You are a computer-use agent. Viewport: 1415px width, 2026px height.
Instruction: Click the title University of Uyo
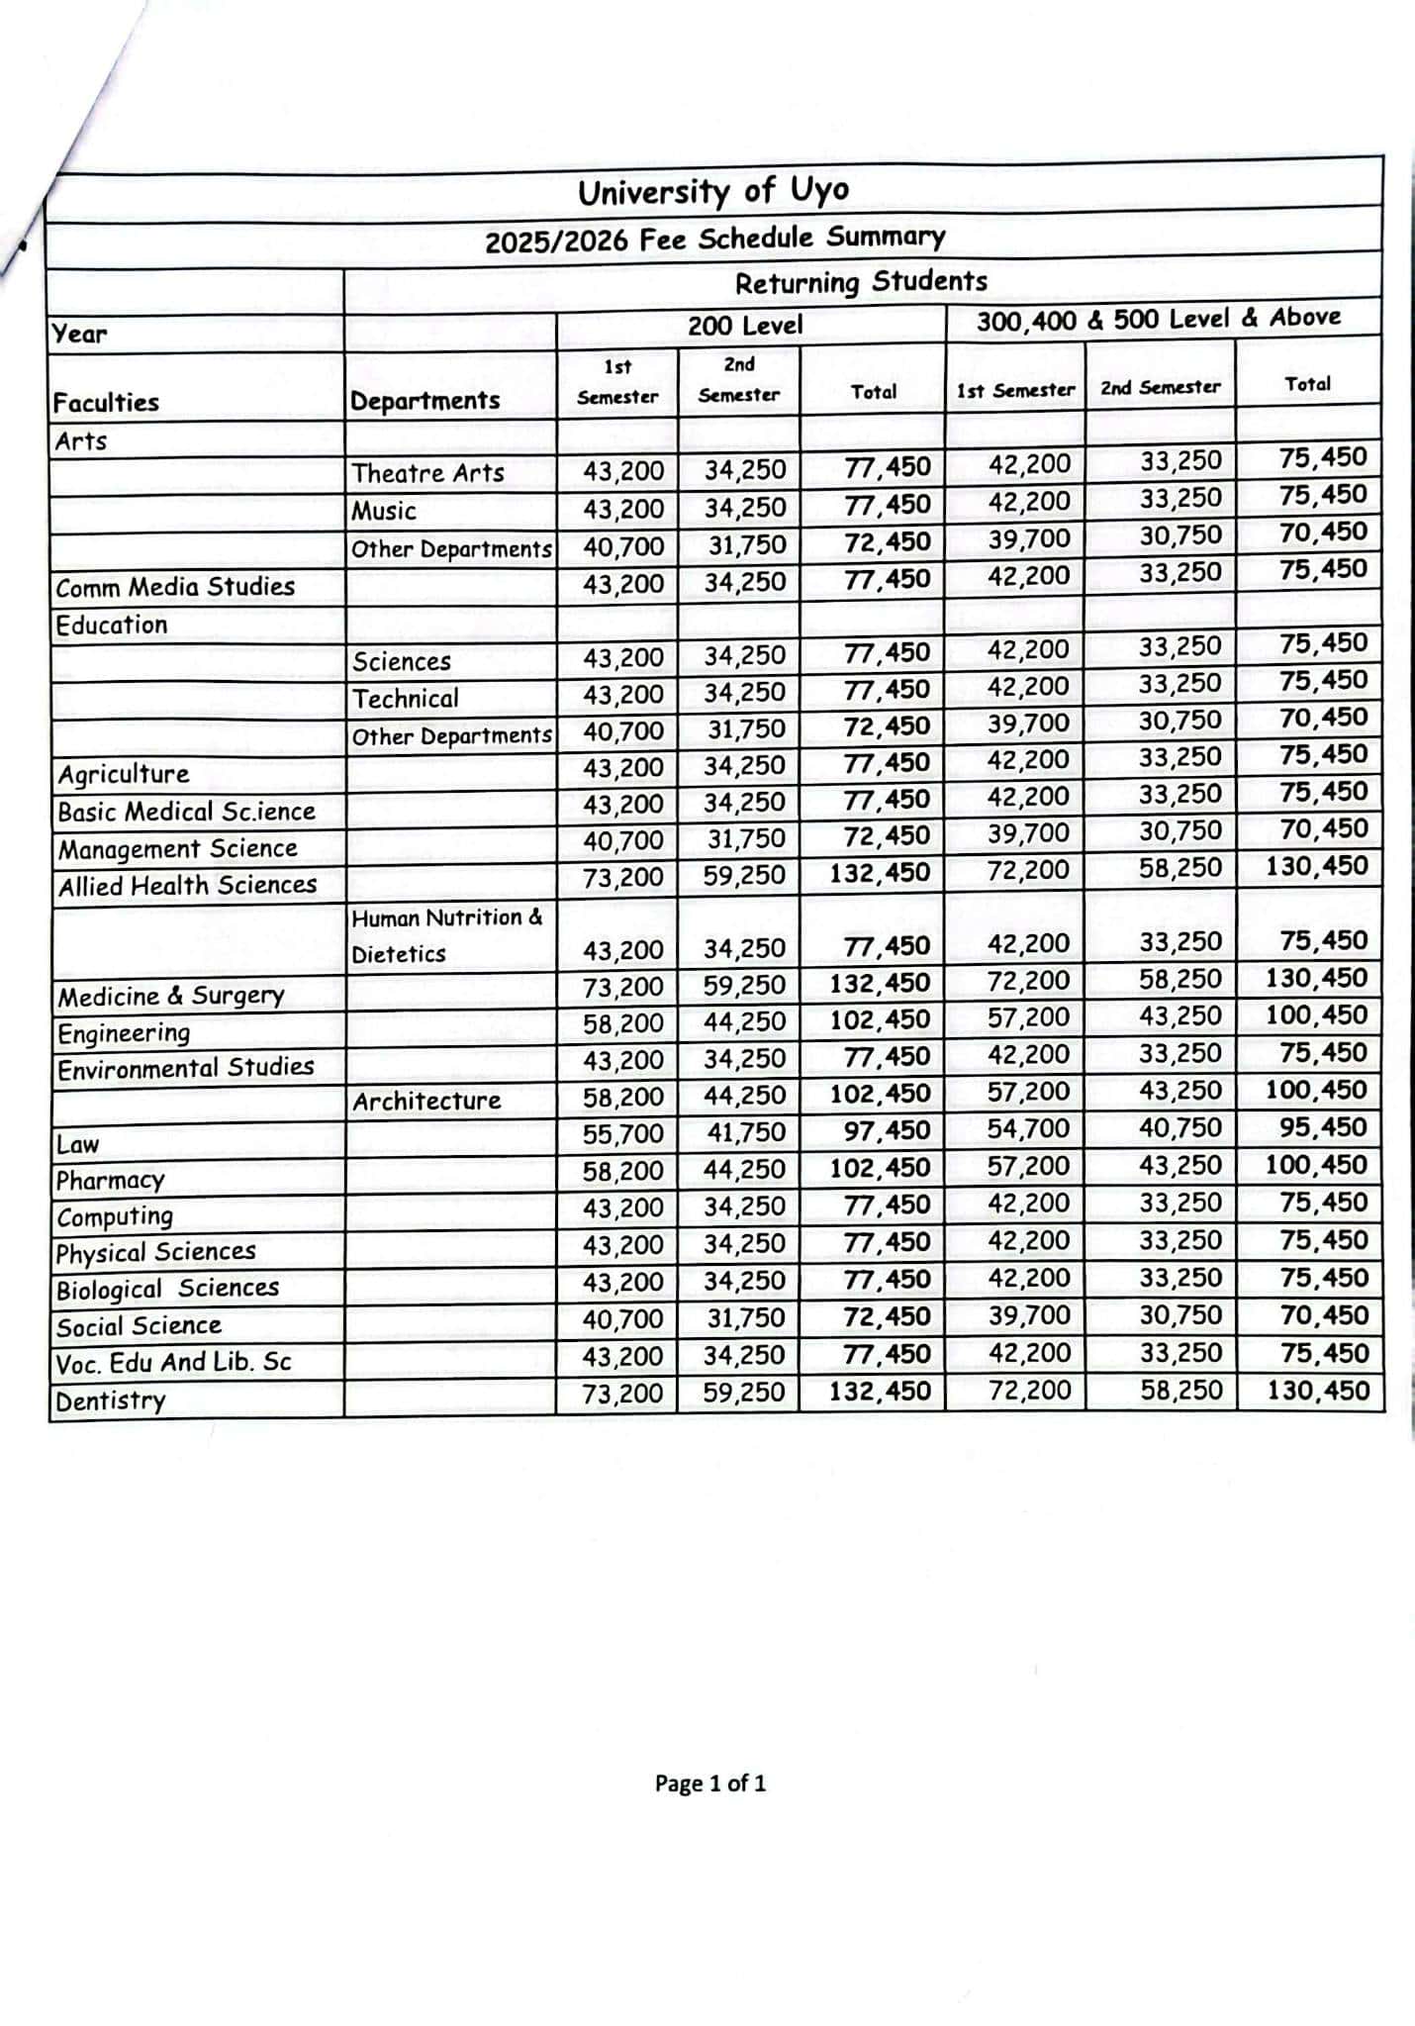pos(712,190)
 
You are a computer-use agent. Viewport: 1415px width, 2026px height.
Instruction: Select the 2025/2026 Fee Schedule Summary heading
pos(714,239)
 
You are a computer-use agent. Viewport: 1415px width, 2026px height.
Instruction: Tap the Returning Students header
pos(860,282)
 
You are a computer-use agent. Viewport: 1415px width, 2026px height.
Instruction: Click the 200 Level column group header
pos(745,325)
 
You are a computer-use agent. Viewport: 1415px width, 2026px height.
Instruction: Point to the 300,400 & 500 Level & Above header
pos(1158,319)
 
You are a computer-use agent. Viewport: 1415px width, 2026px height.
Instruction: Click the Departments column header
pos(424,401)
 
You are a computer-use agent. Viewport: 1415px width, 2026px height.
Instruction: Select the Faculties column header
pos(106,403)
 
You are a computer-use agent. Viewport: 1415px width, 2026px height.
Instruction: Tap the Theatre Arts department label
pos(427,473)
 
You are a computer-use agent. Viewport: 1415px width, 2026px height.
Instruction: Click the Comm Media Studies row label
pos(175,587)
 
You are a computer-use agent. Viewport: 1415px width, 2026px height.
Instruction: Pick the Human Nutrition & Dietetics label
pos(446,935)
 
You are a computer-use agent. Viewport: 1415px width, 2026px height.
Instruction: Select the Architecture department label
pos(426,1101)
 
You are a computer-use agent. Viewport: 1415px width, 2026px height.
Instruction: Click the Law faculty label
pos(77,1145)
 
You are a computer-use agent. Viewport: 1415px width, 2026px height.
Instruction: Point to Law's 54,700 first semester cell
pos(1028,1129)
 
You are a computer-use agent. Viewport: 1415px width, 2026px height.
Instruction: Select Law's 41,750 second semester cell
pos(744,1132)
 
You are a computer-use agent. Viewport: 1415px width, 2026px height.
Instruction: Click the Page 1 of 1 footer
pos(709,1784)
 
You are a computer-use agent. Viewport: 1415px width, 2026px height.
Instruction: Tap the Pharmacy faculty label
pos(110,1181)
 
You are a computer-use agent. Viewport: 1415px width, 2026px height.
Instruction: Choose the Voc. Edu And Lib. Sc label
pos(173,1363)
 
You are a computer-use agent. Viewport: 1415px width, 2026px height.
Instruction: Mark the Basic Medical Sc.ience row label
pos(186,812)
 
